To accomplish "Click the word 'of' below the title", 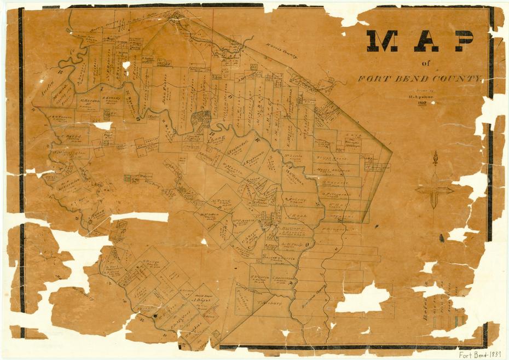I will pyautogui.click(x=426, y=63).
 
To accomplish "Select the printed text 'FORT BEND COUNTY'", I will pyautogui.click(x=420, y=78).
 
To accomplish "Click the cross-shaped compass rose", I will pyautogui.click(x=435, y=189).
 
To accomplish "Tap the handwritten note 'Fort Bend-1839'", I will pyautogui.click(x=481, y=353).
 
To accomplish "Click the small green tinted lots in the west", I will pyautogui.click(x=131, y=178).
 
